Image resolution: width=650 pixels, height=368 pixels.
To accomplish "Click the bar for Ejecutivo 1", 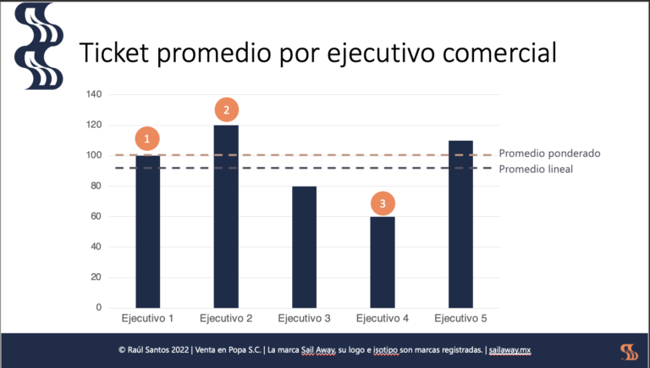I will click(148, 231).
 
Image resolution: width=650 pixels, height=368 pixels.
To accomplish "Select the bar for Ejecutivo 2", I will click(226, 216).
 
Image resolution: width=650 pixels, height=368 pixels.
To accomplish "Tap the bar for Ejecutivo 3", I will click(304, 247).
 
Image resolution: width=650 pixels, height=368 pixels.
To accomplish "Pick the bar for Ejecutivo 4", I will click(383, 262).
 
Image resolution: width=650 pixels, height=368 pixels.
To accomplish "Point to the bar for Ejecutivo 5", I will click(460, 224).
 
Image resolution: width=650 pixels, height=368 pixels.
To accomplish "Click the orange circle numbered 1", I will click(148, 138).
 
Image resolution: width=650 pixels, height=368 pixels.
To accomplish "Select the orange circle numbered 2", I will click(226, 109).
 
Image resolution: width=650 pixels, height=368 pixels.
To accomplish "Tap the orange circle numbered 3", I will click(383, 204).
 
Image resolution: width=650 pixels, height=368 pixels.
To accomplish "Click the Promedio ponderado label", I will click(549, 153).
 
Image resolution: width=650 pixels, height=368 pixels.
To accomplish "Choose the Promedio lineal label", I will click(536, 169).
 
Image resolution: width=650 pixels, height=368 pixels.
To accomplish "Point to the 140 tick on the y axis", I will click(93, 95).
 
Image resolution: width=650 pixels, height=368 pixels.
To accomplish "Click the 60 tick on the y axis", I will click(96, 216).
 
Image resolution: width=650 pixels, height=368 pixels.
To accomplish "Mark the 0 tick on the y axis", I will click(98, 308).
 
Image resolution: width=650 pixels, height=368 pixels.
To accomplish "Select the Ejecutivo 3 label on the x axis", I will click(304, 319).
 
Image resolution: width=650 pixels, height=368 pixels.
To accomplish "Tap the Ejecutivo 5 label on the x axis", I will click(460, 319).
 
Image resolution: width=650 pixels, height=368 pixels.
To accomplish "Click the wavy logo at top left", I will click(38, 47).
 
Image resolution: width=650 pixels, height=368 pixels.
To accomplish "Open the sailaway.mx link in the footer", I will click(512, 351).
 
